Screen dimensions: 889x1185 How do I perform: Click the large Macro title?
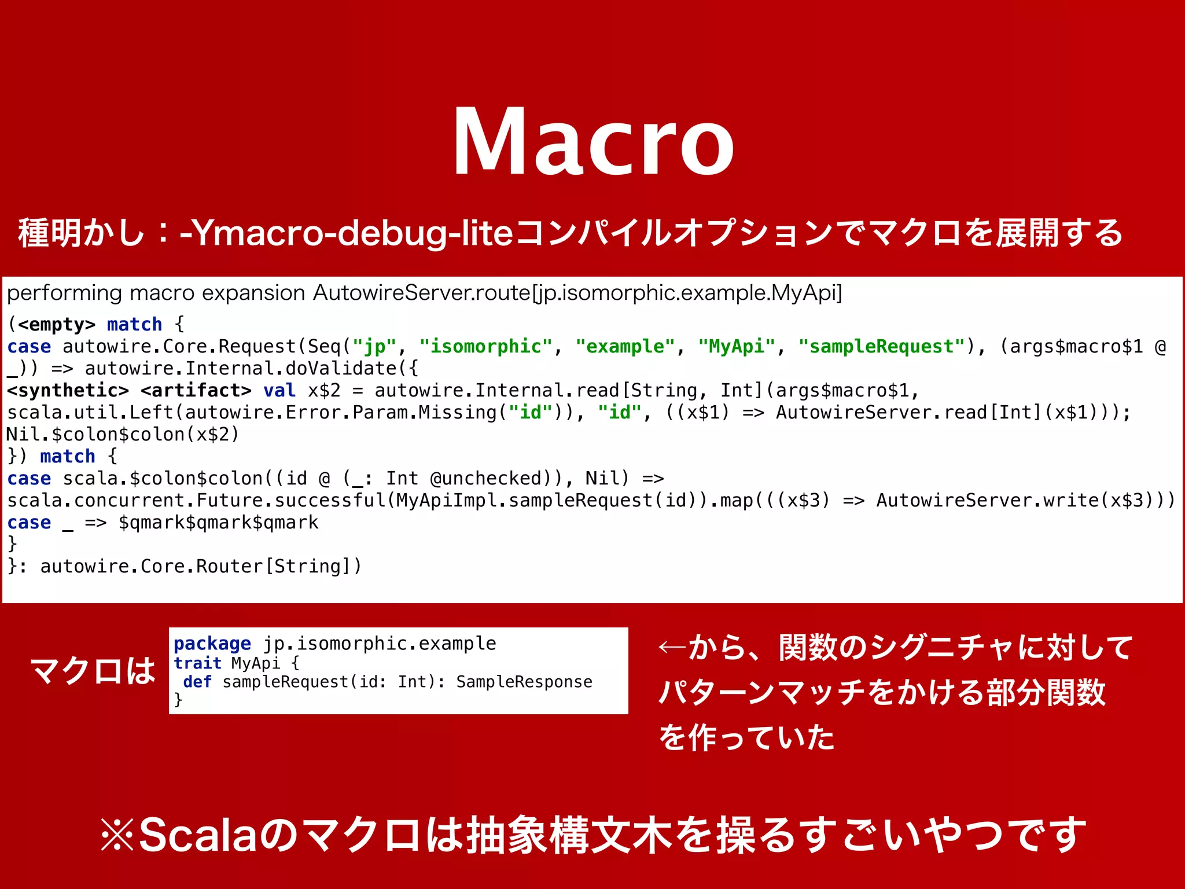592,142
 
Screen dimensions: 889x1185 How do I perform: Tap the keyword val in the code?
279,391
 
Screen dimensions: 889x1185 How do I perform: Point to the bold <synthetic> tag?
68,391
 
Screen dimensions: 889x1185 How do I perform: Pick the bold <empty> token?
57,324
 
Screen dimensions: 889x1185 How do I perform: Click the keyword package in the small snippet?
212,644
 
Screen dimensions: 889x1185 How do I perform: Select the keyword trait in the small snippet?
197,663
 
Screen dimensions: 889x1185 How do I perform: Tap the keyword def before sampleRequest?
197,682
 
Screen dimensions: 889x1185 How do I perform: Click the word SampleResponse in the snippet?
524,682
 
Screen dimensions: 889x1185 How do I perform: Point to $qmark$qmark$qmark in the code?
218,523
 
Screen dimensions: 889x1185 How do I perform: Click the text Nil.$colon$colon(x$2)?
123,434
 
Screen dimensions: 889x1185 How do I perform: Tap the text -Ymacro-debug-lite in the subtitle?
346,233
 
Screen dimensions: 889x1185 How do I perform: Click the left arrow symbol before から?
672,647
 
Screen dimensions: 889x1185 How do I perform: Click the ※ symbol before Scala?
117,835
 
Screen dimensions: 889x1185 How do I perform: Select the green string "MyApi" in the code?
737,346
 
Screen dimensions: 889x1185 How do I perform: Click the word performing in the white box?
64,293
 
